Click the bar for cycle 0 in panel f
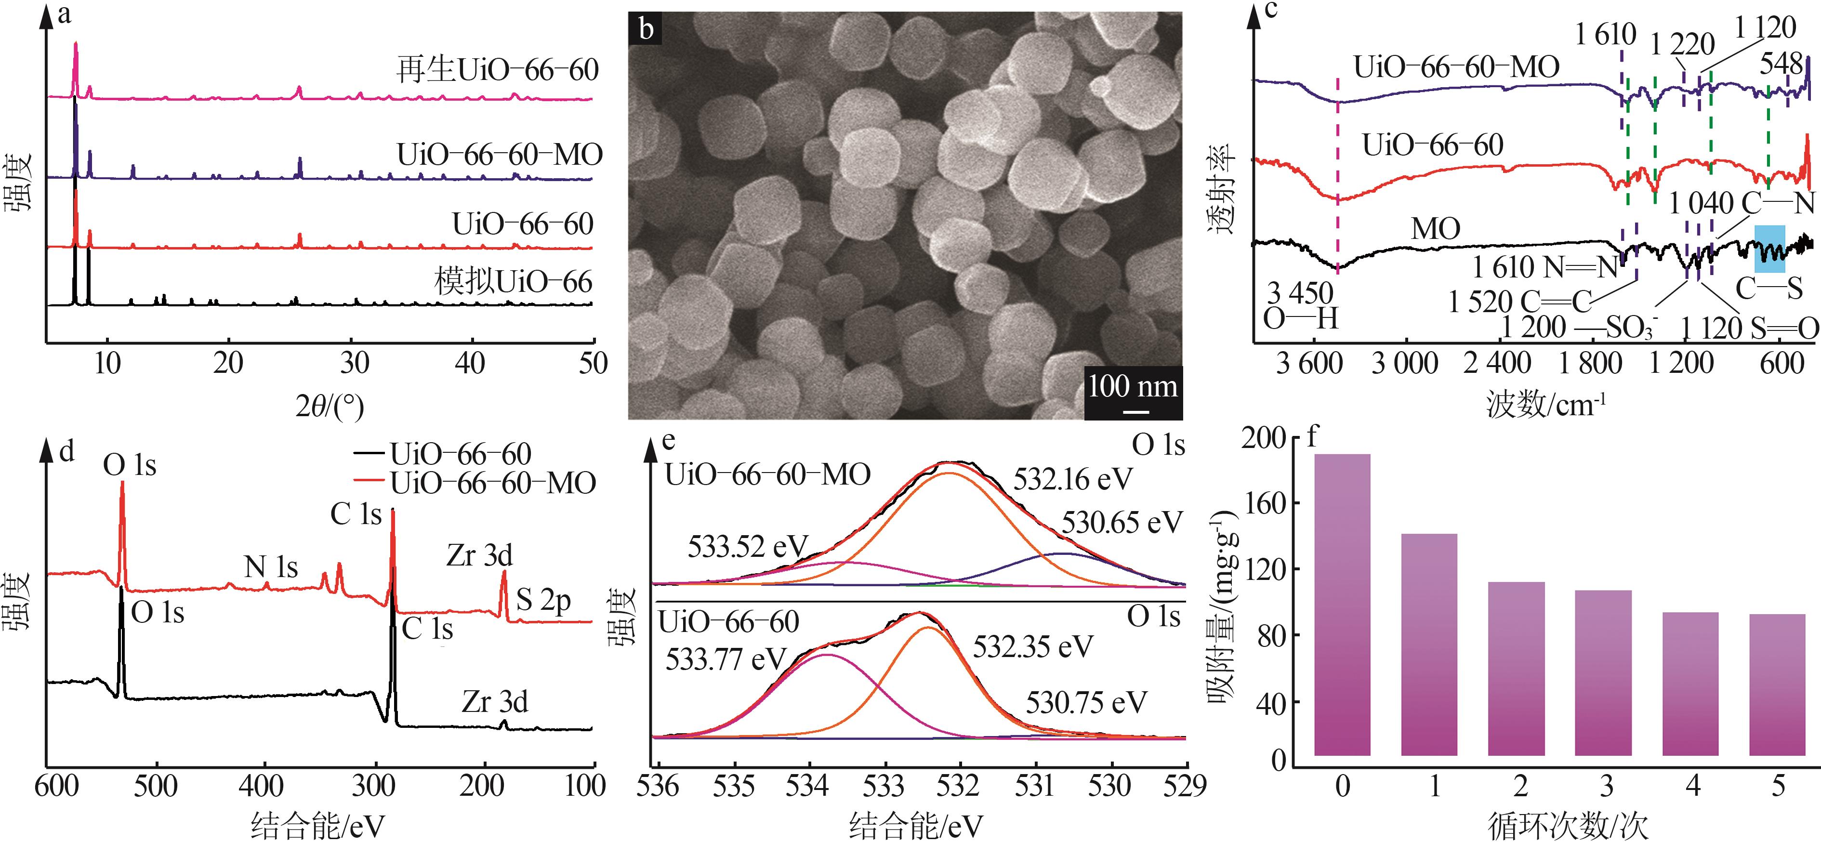[x=1343, y=605]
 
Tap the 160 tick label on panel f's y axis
[x=1263, y=503]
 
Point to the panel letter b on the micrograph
[x=646, y=30]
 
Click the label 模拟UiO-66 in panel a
[x=513, y=282]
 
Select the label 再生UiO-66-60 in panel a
[x=497, y=70]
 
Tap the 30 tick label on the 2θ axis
[x=354, y=363]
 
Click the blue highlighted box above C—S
[x=1769, y=249]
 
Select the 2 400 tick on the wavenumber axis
[x=1497, y=363]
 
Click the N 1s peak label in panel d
[x=271, y=566]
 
